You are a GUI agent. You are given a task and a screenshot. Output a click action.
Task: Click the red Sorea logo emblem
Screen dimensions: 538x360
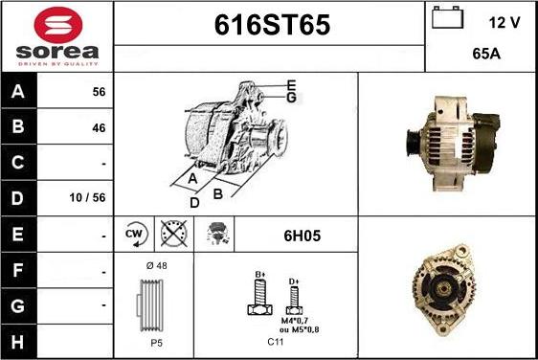click(x=58, y=25)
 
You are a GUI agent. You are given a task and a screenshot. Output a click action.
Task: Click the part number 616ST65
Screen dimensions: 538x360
click(x=272, y=25)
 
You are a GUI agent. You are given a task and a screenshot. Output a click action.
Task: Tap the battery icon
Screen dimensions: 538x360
click(x=447, y=17)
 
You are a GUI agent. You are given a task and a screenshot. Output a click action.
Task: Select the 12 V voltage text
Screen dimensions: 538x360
click(x=504, y=23)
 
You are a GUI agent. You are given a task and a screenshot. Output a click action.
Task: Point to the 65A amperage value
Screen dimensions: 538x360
click(x=486, y=54)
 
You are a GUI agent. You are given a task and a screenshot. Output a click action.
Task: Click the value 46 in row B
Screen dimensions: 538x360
click(x=99, y=128)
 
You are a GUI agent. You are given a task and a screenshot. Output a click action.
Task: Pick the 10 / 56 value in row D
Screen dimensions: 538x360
click(x=87, y=197)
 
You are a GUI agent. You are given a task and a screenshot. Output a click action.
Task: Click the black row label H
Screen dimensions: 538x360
click(x=18, y=342)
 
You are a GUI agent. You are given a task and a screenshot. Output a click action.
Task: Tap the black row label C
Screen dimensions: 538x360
click(x=18, y=162)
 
